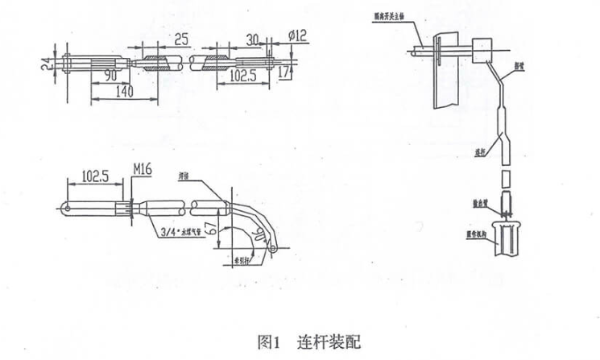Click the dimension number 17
283,72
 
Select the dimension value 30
252,38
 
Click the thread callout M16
142,172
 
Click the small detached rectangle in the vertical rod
505,178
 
